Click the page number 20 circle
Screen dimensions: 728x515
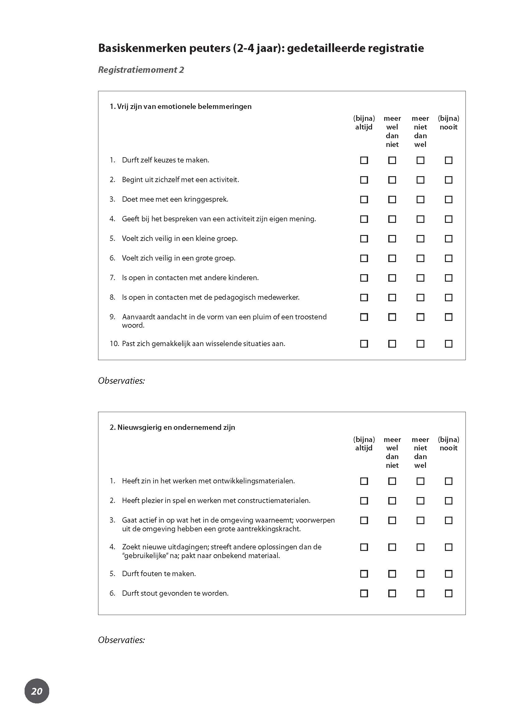tap(37, 691)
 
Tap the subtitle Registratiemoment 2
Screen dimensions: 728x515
tap(141, 70)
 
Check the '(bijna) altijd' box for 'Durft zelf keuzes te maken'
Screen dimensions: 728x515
tap(364, 160)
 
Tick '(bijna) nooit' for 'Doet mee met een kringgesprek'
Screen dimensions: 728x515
tap(448, 200)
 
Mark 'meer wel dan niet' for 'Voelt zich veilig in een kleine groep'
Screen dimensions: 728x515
tap(392, 239)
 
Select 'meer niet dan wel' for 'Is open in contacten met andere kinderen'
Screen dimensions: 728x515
tap(420, 278)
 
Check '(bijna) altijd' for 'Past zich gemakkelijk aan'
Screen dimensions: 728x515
tap(364, 344)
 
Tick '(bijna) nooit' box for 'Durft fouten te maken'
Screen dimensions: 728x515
tap(448, 574)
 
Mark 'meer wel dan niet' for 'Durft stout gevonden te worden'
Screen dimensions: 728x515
tap(392, 594)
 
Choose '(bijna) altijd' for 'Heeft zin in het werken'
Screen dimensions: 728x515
tap(364, 481)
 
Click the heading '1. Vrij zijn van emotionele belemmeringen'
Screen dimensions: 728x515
tap(181, 106)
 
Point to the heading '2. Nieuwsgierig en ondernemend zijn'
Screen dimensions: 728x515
tap(172, 427)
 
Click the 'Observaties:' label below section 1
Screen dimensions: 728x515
tap(121, 381)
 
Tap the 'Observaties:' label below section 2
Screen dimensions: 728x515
tap(121, 640)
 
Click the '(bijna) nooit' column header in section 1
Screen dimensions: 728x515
tap(448, 123)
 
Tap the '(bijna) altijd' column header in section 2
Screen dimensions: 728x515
tap(364, 444)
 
